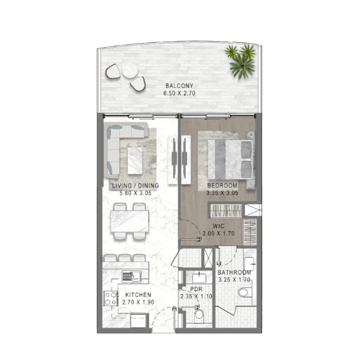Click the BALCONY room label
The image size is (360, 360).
(179, 86)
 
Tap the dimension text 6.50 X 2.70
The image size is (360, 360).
(179, 93)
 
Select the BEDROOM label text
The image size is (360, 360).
(222, 185)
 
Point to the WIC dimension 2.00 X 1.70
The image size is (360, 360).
(218, 233)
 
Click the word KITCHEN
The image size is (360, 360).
(138, 295)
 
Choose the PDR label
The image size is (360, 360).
(196, 289)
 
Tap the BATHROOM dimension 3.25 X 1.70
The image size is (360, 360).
(234, 280)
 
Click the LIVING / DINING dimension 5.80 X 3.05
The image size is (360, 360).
(136, 193)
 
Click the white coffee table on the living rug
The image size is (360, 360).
(135, 161)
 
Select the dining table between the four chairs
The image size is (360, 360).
(129, 221)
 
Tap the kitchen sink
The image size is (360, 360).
(131, 276)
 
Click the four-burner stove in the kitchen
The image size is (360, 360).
(110, 298)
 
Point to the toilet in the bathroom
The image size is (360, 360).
(245, 293)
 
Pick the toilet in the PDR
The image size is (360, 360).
(199, 316)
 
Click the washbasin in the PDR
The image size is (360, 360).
(199, 278)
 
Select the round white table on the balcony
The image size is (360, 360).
(130, 71)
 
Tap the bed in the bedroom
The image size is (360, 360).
(231, 160)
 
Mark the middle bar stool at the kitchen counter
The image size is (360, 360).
(125, 258)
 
